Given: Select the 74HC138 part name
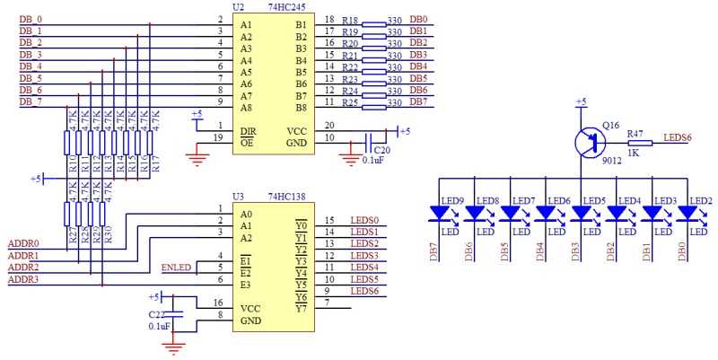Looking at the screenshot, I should pos(288,196).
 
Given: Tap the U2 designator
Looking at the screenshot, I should pos(238,6).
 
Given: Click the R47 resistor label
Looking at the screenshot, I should pos(635,133).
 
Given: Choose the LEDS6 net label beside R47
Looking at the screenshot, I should pos(677,137).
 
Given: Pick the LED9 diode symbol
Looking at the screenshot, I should pos(440,214).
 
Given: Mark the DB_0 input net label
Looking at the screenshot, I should pos(31,19).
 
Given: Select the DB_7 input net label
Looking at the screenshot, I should pos(31,101).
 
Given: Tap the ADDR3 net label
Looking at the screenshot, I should pos(23,280).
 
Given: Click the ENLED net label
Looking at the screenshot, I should pos(176,268).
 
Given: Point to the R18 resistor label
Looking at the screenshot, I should pos(351,19).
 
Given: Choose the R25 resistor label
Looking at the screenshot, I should pos(351,102).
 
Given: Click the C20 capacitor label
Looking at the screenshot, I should pos(382,149).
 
